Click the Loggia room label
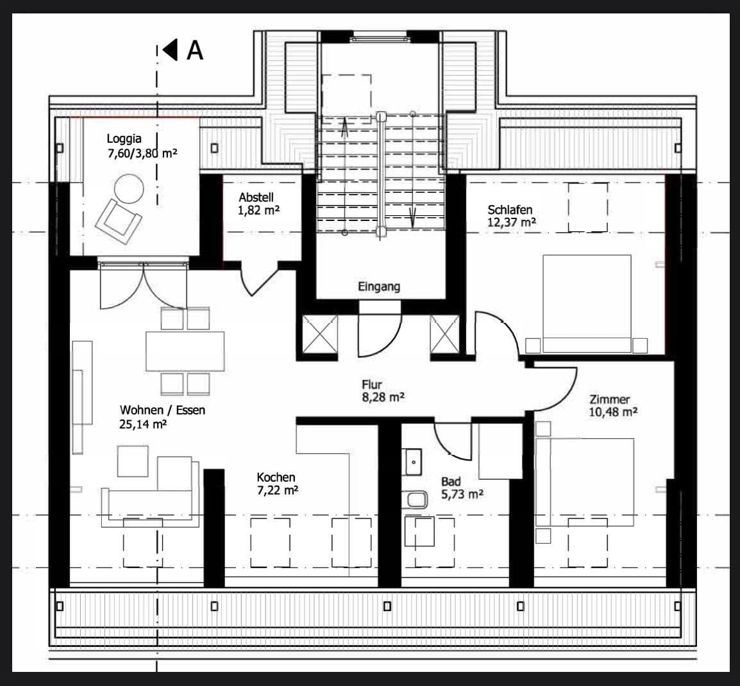(124, 138)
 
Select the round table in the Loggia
(129, 190)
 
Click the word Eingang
(379, 287)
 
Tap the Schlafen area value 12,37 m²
(512, 222)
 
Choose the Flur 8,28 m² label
(382, 391)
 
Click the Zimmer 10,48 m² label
(613, 406)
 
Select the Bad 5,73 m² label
(462, 488)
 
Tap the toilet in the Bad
(416, 500)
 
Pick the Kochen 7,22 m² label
(277, 484)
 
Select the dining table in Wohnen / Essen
(185, 351)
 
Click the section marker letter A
(194, 50)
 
